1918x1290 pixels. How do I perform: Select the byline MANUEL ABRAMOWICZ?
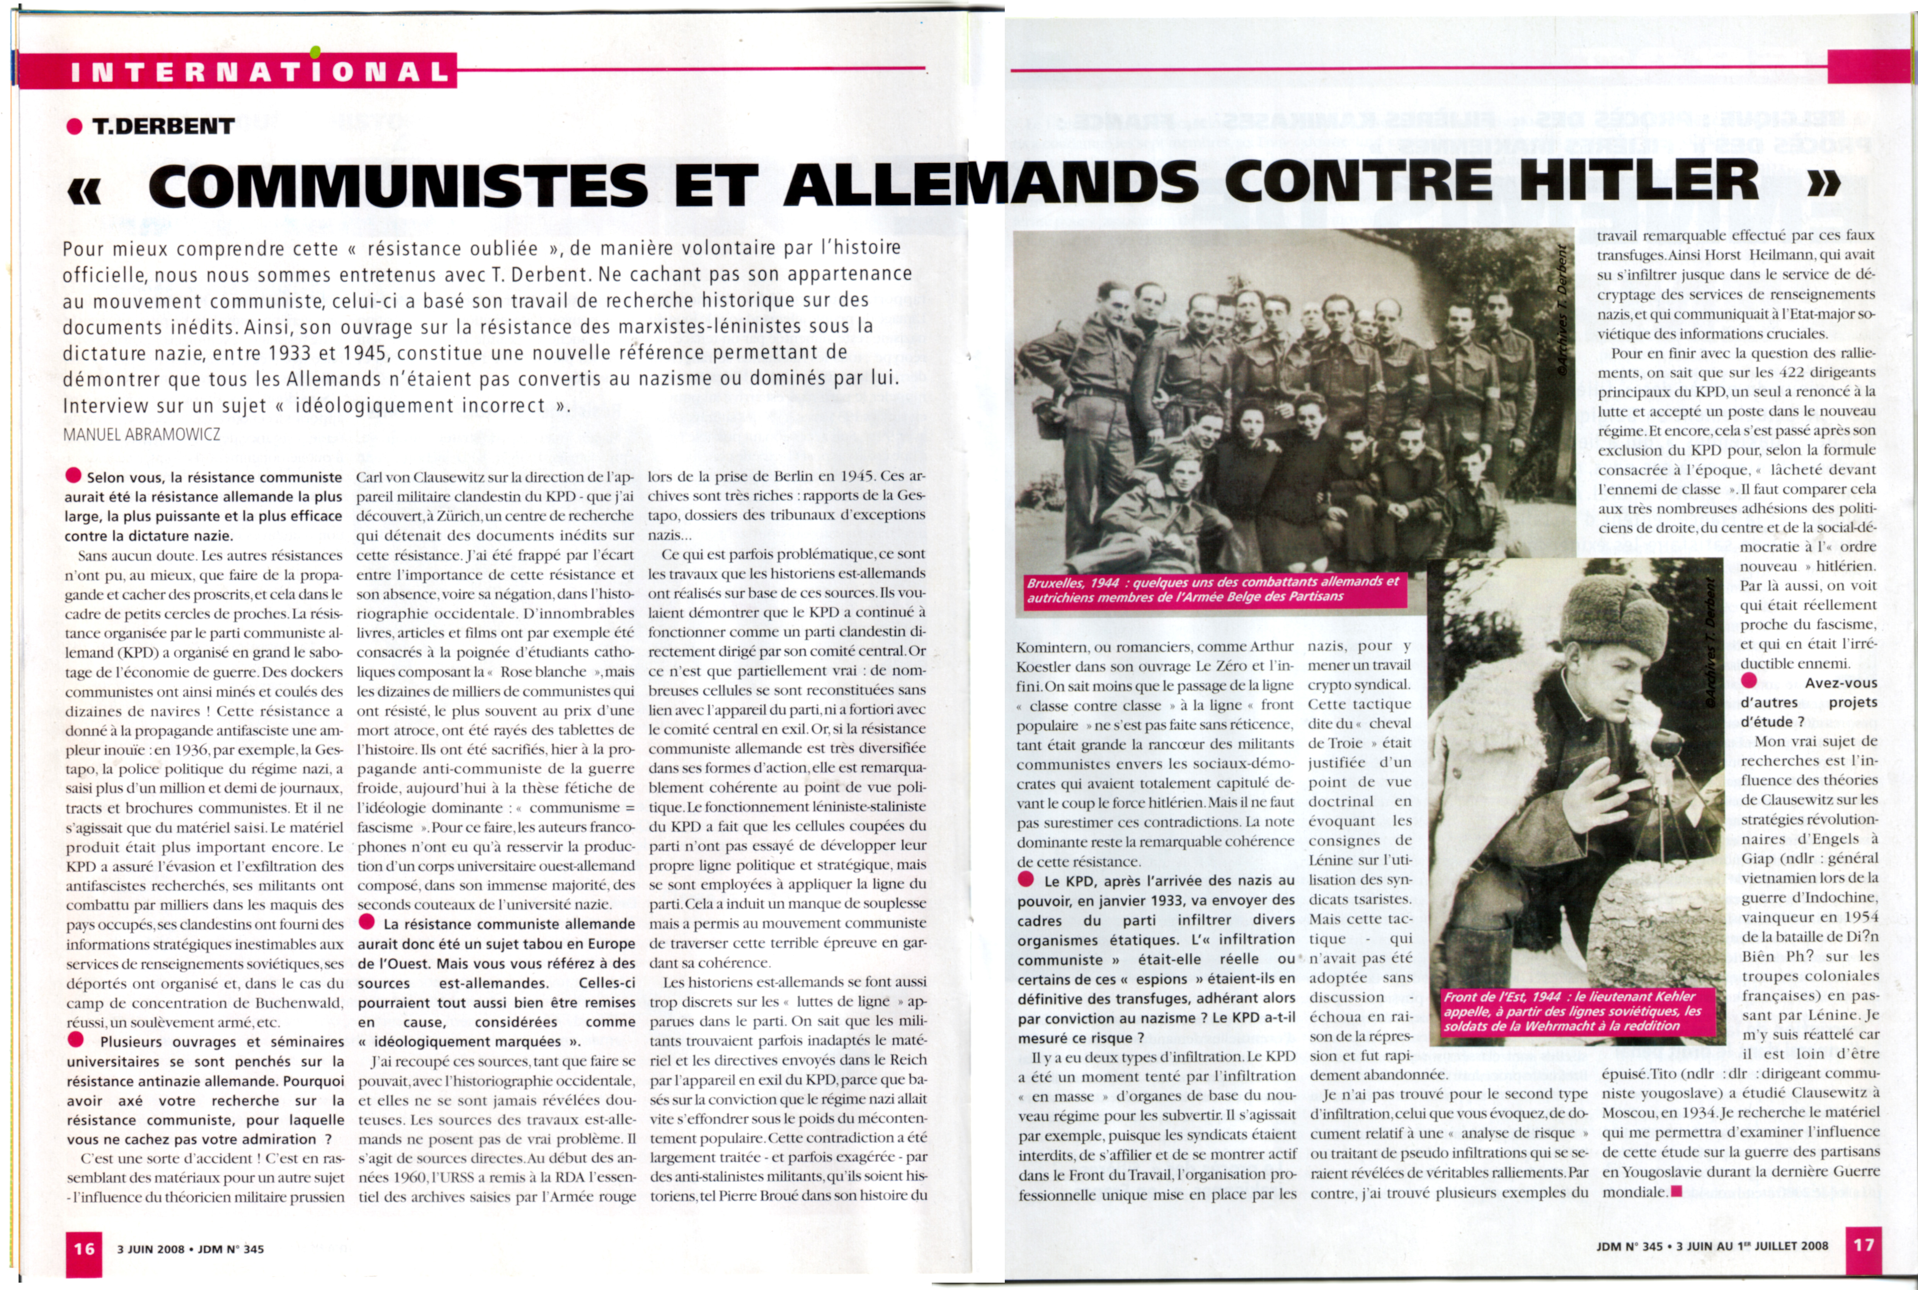[141, 434]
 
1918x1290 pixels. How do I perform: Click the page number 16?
[84, 1248]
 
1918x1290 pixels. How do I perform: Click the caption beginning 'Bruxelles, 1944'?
[1212, 588]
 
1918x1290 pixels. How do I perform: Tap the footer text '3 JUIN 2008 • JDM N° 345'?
[190, 1249]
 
